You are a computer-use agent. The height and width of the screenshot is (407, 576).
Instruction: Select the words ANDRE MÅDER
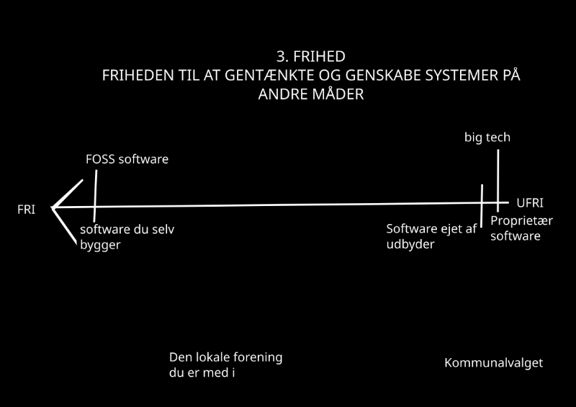point(311,94)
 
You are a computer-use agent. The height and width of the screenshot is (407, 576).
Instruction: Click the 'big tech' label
point(487,137)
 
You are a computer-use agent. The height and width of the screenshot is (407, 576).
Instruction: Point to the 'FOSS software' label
point(127,158)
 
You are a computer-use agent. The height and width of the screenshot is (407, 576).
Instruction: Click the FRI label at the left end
point(27,210)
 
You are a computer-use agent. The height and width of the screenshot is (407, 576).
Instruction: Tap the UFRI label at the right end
point(530,203)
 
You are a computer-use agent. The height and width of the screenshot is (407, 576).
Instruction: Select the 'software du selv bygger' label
point(127,237)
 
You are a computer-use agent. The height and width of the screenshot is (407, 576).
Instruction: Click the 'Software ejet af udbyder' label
point(431,236)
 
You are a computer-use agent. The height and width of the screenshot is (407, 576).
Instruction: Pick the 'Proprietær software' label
point(516,228)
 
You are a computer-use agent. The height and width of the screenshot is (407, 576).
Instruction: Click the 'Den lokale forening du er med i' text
point(225,364)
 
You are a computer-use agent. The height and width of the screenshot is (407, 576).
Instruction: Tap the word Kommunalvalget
point(493,362)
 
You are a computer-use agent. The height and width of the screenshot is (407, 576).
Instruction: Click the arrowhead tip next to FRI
point(53,209)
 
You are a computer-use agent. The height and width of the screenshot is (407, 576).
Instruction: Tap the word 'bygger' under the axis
point(100,245)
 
